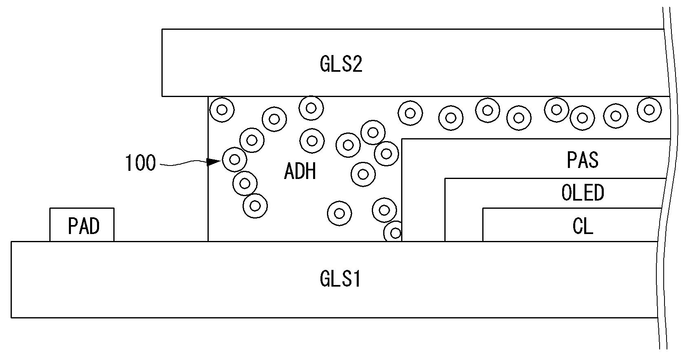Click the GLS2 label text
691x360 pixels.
[x=341, y=64]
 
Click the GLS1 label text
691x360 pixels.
[x=340, y=280]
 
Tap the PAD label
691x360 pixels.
[x=84, y=226]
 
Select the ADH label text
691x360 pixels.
[x=300, y=171]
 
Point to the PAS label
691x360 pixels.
[x=583, y=160]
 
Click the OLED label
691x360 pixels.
[x=583, y=193]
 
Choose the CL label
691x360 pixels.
[x=583, y=226]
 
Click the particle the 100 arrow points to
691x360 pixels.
[x=234, y=159]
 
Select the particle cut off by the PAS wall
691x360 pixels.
[x=394, y=232]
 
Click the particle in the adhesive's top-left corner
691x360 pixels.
[x=222, y=109]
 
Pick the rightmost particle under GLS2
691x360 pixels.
[x=649, y=109]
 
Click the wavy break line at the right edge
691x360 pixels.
[x=668, y=179]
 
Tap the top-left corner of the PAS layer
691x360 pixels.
[x=402, y=139]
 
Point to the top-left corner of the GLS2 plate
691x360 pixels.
[x=162, y=29]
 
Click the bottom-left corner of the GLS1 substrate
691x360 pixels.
[x=11, y=317]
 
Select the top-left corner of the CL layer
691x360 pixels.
[x=483, y=208]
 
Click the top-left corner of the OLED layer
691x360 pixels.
[x=445, y=178]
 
